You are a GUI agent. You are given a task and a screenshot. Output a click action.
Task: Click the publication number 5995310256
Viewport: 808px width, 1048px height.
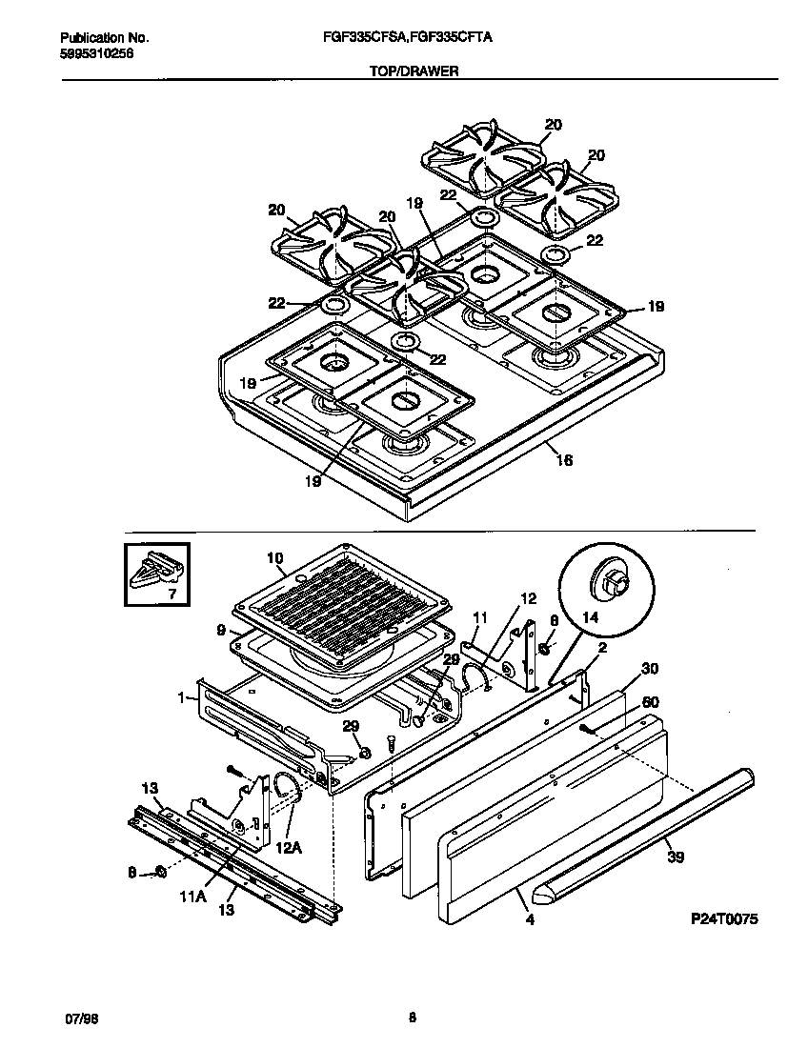coord(96,54)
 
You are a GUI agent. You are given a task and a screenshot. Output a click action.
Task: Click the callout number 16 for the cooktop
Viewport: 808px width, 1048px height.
coord(564,460)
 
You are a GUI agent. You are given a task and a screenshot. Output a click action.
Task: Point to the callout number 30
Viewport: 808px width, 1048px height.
coord(651,669)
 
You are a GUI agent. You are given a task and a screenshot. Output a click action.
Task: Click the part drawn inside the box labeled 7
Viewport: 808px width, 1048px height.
coord(156,574)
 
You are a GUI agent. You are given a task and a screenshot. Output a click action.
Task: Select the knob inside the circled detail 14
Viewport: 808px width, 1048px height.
coord(609,580)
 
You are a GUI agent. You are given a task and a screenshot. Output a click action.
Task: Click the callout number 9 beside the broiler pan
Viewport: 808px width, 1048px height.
coord(220,630)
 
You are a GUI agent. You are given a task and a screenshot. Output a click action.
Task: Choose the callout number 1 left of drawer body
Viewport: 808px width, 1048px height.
coord(180,697)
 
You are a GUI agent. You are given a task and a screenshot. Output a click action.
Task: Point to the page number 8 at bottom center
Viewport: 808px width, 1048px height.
coord(412,1018)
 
